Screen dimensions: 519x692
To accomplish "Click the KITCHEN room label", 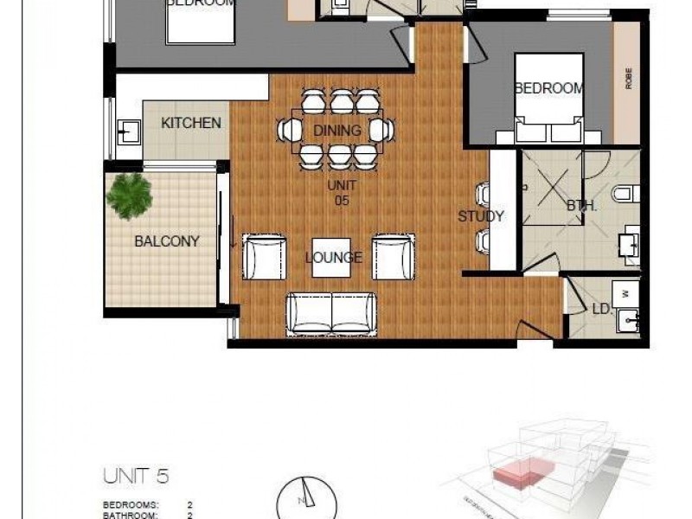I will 191,123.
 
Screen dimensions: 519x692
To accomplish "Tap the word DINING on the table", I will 336,131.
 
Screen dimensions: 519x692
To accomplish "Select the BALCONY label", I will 166,241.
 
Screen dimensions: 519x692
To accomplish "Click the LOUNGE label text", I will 333,257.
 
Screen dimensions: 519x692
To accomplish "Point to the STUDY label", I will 480,216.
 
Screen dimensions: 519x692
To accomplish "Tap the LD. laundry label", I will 600,309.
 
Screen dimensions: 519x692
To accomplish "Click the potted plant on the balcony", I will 129,195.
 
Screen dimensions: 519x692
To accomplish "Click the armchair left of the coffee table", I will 263,257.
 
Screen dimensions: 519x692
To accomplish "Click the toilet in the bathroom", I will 625,193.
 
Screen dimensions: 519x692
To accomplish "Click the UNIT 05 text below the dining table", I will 341,193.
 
